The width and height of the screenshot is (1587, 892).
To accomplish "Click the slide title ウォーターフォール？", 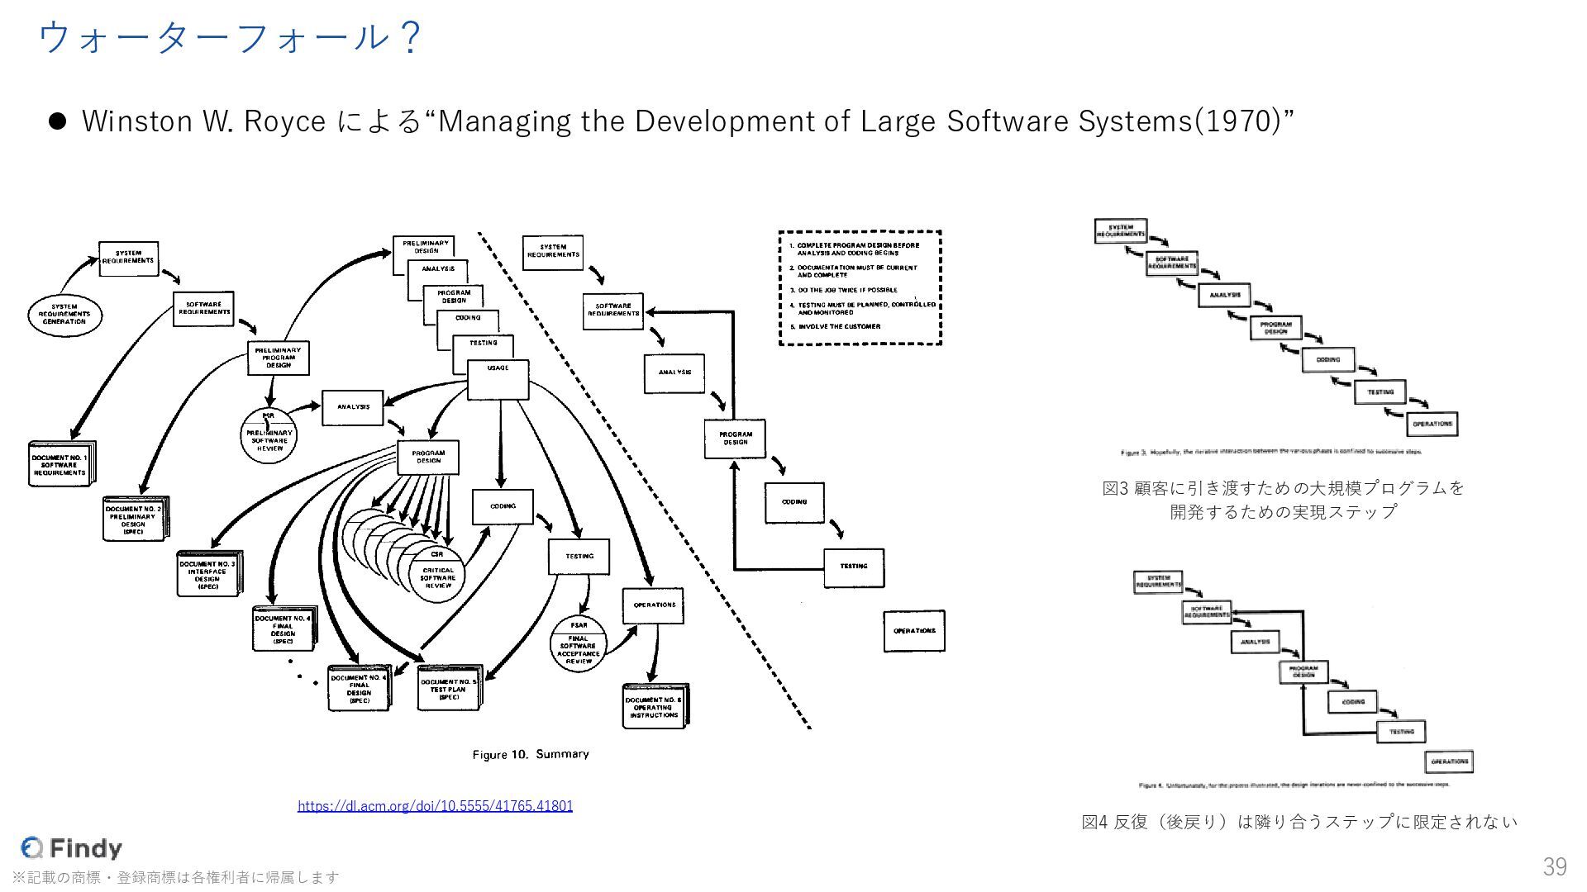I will click(x=231, y=38).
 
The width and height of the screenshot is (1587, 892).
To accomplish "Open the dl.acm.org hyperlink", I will click(x=435, y=805).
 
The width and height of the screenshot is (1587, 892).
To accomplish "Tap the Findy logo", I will click(x=72, y=847).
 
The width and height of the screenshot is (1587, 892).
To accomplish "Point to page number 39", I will click(x=1554, y=866).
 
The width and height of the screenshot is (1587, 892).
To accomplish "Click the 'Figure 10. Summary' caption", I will click(x=531, y=754).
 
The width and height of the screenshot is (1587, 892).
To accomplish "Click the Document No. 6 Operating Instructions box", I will click(x=654, y=707).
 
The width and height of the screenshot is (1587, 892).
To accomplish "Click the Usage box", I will click(x=498, y=380).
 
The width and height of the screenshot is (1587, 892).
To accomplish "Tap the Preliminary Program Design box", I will click(x=279, y=358).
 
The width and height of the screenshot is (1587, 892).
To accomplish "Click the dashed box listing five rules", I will click(x=860, y=287).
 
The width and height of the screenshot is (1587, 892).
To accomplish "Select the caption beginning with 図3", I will click(x=1283, y=500).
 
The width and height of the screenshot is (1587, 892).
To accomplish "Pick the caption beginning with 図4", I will click(x=1299, y=822).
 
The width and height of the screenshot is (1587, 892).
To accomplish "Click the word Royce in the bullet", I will click(x=284, y=121).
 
